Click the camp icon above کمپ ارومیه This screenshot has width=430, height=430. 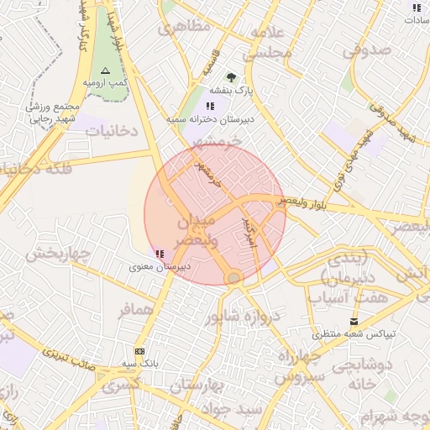coord(105,71)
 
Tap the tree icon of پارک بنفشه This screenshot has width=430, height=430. coord(231,77)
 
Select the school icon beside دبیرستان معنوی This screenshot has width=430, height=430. coord(160,253)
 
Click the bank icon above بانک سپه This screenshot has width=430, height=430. coord(139,350)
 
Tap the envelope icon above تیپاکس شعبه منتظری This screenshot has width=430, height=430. coord(354,321)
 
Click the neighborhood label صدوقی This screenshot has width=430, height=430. coord(368,50)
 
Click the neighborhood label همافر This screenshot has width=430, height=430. coord(138,311)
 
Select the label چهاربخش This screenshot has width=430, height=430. coord(56,253)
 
